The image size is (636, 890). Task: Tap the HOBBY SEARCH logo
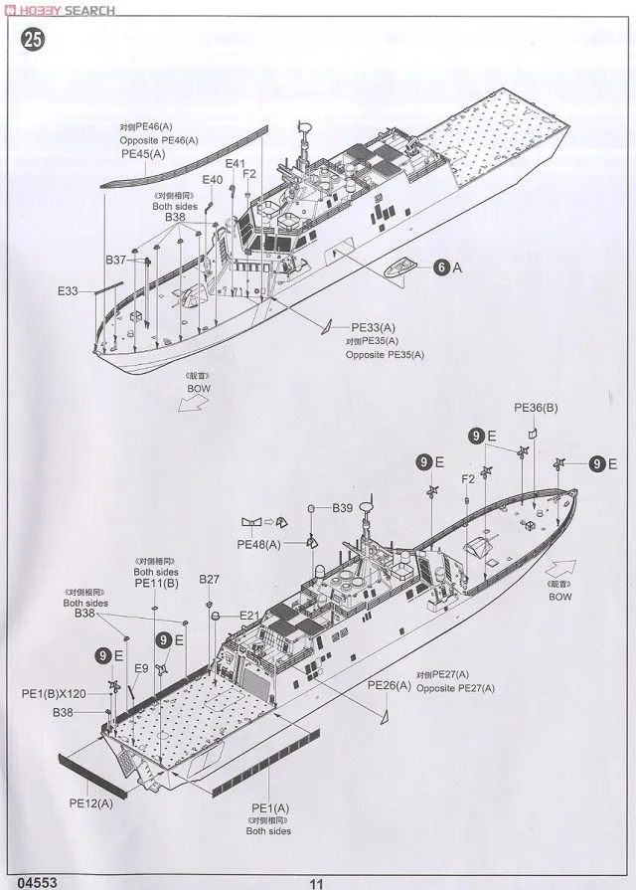[x=60, y=10]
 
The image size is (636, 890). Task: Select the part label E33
[x=68, y=291]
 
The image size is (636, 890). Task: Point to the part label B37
[x=117, y=260]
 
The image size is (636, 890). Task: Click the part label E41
[x=236, y=164]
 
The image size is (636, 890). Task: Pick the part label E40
[x=213, y=180]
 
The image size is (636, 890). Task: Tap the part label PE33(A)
[x=374, y=326]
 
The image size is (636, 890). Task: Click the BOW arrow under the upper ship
[x=189, y=400]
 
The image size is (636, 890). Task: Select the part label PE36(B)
[x=537, y=408]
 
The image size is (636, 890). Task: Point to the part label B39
[x=343, y=507]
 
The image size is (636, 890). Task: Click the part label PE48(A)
[x=258, y=544]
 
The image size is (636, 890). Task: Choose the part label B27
[x=209, y=580]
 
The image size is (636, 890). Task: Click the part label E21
[x=249, y=616]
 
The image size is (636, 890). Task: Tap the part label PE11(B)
[x=157, y=584]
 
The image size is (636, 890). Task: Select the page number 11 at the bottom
[x=317, y=881]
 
